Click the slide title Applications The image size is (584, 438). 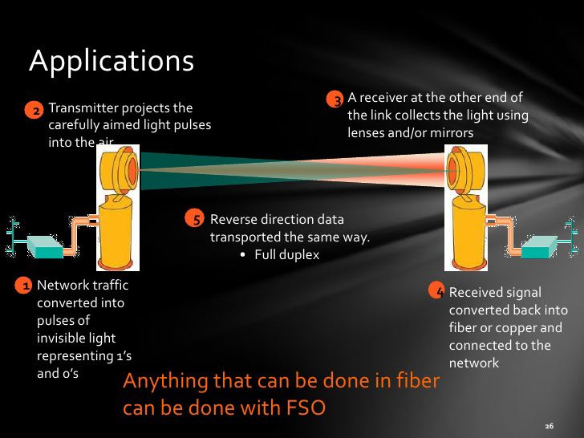(x=112, y=61)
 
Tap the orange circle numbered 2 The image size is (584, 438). (x=34, y=111)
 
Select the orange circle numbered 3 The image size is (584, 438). (x=335, y=99)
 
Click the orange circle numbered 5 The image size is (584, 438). (x=194, y=218)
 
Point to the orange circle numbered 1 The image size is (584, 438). (x=23, y=286)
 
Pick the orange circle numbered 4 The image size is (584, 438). (x=437, y=290)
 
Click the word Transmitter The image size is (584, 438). (x=83, y=108)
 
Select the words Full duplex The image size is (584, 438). (x=287, y=255)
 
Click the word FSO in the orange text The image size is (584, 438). (x=306, y=407)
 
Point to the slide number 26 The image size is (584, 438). (x=550, y=426)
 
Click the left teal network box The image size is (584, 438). (x=45, y=247)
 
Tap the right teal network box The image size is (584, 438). (x=539, y=246)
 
